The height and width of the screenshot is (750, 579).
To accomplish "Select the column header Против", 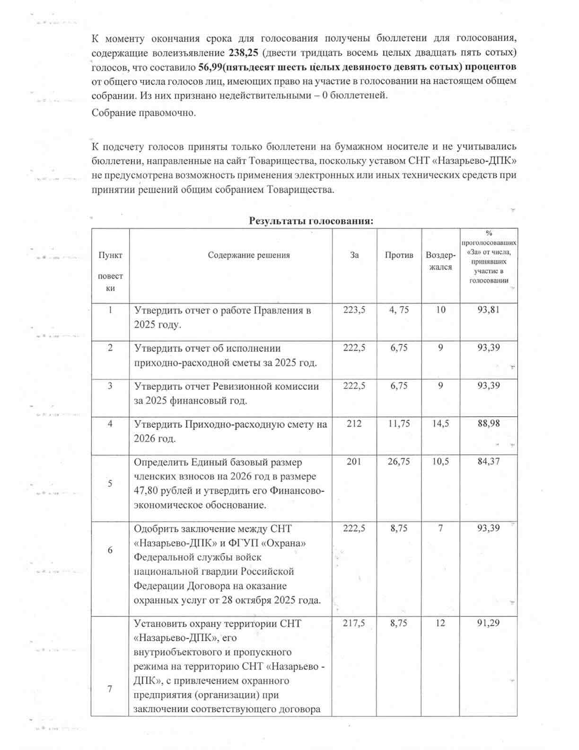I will (x=399, y=255).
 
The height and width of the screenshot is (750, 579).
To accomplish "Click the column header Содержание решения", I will (x=249, y=255).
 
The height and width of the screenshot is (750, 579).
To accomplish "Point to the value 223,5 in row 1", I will (x=354, y=310).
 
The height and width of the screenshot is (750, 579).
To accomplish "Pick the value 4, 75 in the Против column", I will (x=399, y=310).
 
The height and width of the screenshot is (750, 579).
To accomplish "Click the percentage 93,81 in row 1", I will (x=489, y=310).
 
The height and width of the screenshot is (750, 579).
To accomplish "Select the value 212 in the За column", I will (x=354, y=424).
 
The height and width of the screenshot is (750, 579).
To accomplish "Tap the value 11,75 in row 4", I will (x=399, y=424).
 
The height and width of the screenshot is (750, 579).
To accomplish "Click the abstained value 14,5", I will (x=440, y=424).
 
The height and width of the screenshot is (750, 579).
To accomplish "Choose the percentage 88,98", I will (x=489, y=424).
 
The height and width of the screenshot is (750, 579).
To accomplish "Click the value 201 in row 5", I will (x=354, y=462).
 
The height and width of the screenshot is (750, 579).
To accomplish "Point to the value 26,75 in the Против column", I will (x=399, y=462).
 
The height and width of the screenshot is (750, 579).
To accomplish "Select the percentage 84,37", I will (x=489, y=462).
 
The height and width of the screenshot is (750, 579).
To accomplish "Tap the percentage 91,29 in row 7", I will (x=489, y=623).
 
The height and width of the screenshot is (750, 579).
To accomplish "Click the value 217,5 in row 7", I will (x=354, y=623).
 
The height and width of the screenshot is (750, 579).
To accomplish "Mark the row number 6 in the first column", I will (x=110, y=550).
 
